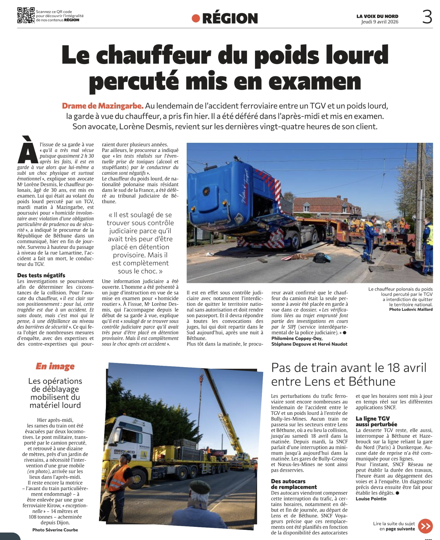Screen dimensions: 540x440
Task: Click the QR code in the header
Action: click(26, 15)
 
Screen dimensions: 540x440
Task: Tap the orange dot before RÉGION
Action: click(196, 19)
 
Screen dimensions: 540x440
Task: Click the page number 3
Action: click(427, 17)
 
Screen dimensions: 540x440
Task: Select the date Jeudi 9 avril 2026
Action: click(380, 22)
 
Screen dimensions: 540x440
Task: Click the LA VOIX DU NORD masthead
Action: click(377, 16)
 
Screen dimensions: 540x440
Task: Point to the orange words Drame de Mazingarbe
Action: click(103, 106)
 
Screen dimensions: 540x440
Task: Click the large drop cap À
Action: click(28, 150)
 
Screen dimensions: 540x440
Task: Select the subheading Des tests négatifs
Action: click(41, 275)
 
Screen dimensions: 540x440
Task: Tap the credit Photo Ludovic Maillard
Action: click(411, 309)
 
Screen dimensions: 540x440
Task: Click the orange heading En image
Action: click(55, 366)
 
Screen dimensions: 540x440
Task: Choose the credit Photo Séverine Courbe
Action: click(55, 530)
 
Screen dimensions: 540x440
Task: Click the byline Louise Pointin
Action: click(371, 499)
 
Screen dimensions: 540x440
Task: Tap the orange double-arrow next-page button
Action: click(425, 526)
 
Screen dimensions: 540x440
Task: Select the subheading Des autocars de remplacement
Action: click(294, 484)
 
